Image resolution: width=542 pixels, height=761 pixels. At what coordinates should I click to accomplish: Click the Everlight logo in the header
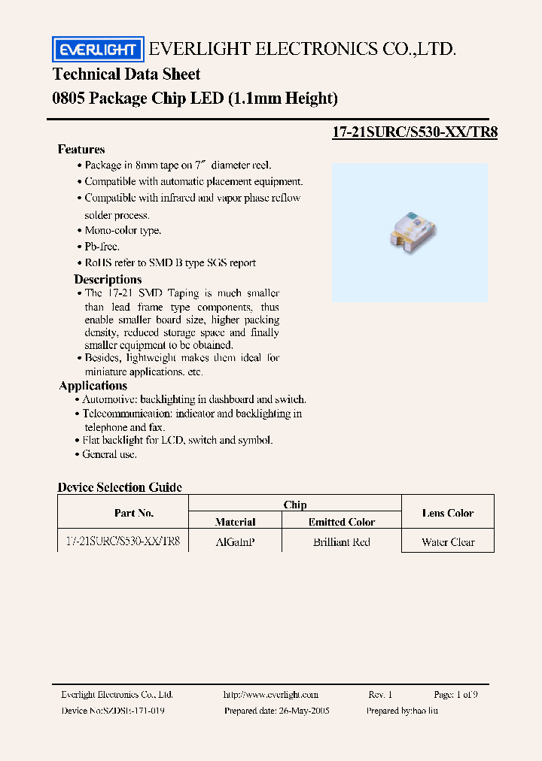[x=97, y=50]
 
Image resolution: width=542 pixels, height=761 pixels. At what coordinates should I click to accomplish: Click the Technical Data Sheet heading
[x=126, y=74]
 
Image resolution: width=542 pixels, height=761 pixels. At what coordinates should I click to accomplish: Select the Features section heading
[x=81, y=149]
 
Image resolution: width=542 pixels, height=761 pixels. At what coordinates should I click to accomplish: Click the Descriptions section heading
[x=108, y=279]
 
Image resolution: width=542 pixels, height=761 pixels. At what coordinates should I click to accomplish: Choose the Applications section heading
[x=93, y=385]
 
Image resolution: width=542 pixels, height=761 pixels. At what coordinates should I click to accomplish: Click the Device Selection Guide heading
[x=120, y=487]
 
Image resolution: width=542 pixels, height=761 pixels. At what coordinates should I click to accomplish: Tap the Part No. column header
[x=134, y=513]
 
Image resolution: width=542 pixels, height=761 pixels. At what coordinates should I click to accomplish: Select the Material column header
[x=235, y=522]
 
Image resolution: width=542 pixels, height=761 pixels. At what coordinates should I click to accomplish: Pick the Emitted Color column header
[x=341, y=522]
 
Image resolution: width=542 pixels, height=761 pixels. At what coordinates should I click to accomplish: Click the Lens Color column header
[x=448, y=513]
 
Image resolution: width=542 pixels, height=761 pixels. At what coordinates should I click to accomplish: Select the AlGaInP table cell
[x=235, y=541]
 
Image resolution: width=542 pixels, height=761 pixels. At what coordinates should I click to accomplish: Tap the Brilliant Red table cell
[x=341, y=541]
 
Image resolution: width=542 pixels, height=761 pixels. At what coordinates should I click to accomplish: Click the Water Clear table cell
[x=448, y=541]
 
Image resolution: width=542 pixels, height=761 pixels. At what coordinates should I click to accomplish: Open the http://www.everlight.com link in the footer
[x=271, y=695]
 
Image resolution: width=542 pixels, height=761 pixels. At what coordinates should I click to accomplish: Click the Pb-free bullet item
[x=102, y=247]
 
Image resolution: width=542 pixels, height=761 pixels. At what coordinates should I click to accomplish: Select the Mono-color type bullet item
[x=123, y=231]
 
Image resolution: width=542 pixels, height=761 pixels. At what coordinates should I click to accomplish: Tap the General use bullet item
[x=110, y=454]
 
